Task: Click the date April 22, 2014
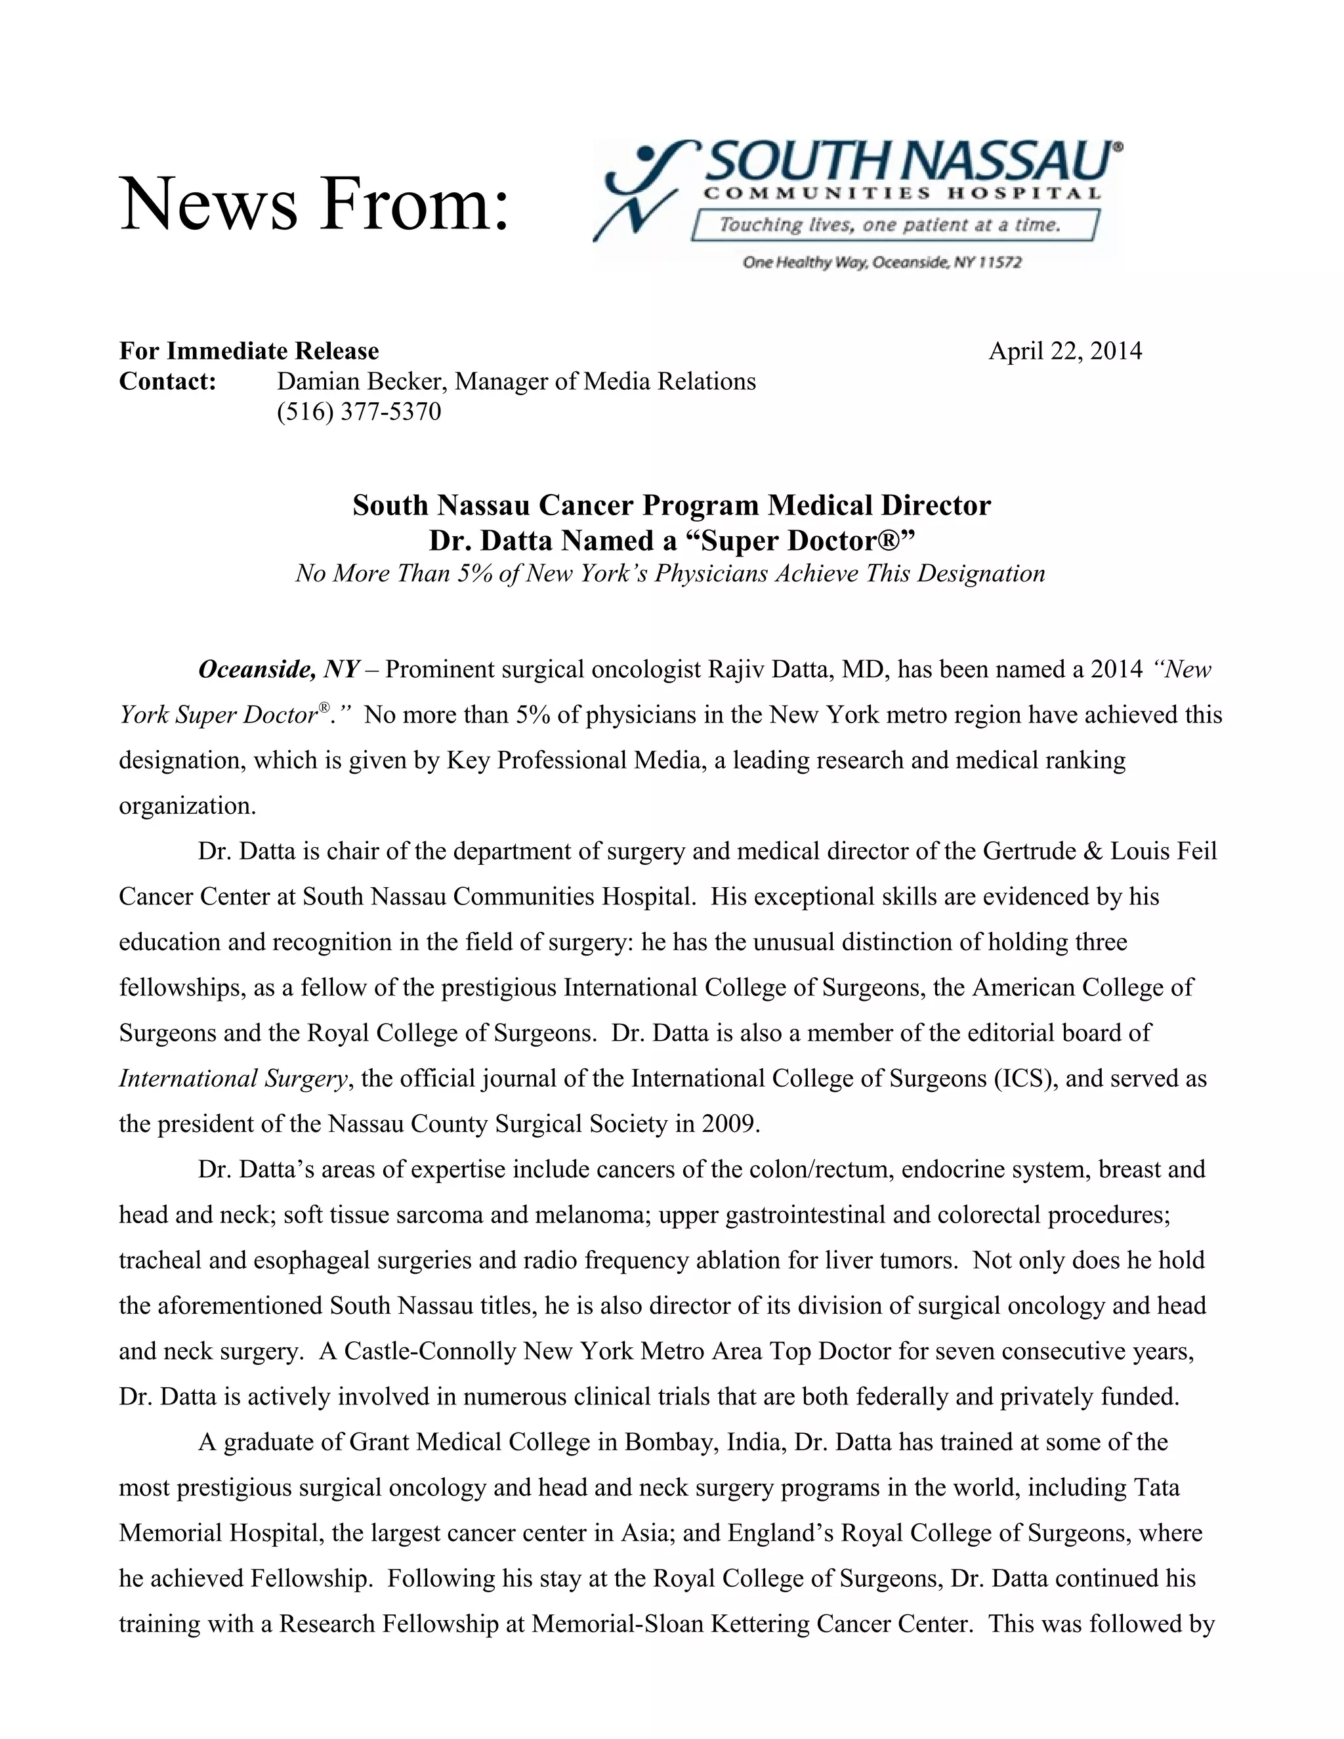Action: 1064,351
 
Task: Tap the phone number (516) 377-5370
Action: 358,411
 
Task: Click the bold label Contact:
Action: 168,381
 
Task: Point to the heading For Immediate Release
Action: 249,351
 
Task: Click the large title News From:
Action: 314,204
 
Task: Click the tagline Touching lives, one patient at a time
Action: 889,225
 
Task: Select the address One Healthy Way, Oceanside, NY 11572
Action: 881,262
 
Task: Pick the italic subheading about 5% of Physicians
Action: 669,574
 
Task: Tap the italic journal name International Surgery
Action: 233,1079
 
